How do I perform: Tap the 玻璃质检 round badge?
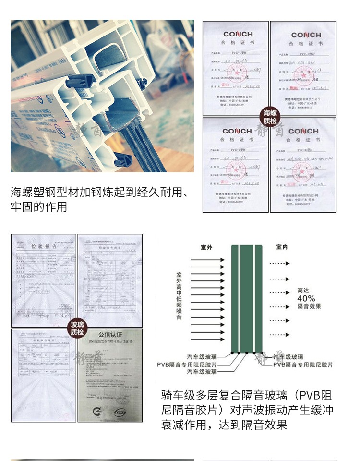(77, 329)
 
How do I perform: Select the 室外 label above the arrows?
(207, 248)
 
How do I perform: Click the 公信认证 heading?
(111, 334)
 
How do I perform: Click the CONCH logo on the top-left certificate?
(237, 35)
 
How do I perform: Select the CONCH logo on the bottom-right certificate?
(303, 131)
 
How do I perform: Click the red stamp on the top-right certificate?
(303, 75)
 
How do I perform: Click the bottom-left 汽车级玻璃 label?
(202, 372)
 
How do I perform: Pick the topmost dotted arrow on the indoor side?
(279, 263)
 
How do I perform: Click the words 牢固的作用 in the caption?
(38, 207)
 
